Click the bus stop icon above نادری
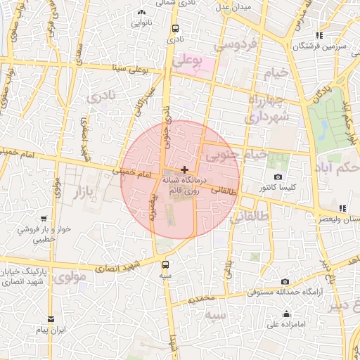click(171, 28)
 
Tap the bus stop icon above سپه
click(165, 264)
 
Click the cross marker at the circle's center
click(184, 169)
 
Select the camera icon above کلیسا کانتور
click(278, 176)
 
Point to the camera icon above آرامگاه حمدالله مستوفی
click(285, 281)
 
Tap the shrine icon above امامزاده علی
click(287, 314)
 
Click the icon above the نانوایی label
click(143, 12)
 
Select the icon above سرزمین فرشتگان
click(320, 35)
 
